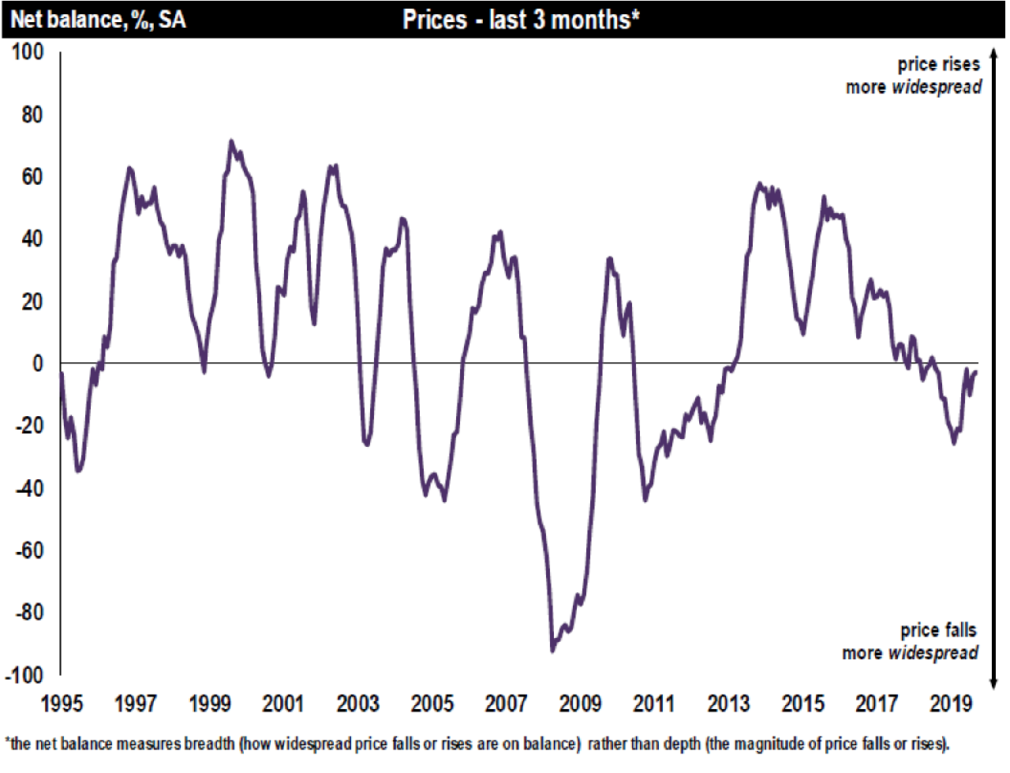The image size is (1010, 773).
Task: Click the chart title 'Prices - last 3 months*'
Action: point(520,19)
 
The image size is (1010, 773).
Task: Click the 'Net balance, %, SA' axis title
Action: point(98,19)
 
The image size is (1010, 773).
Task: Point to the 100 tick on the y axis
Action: point(28,52)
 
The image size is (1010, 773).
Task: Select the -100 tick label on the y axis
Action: point(24,675)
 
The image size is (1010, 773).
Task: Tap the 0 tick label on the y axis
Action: point(37,364)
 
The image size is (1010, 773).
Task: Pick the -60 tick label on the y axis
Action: point(28,550)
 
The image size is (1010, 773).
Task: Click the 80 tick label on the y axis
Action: point(32,114)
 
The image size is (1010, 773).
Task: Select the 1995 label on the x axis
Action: point(61,704)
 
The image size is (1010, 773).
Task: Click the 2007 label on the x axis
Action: point(506,704)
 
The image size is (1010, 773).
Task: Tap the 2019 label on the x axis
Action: point(951,704)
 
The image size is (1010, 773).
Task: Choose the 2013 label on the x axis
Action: point(728,704)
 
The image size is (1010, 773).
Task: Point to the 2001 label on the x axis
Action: point(283,704)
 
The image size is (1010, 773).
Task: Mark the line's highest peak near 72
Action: point(231,141)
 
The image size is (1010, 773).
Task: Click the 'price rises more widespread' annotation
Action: point(915,76)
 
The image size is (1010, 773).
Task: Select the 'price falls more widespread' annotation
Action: point(911,641)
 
